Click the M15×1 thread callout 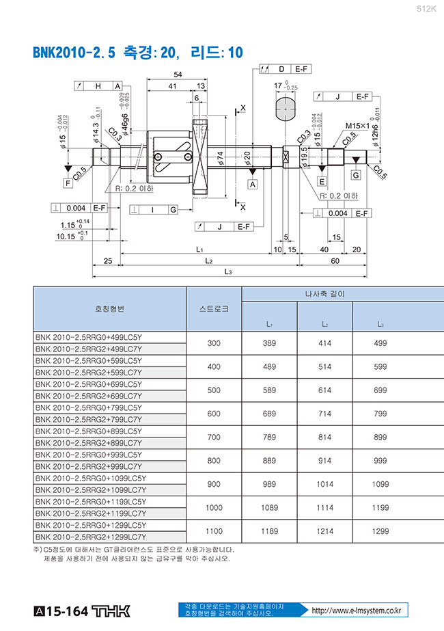click(357, 126)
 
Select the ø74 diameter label click(221, 158)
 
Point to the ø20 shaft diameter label click(247, 158)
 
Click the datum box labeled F click(68, 183)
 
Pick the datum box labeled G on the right click(356, 176)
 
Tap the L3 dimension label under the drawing click(228, 272)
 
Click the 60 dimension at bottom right click(335, 261)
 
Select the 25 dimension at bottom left click(107, 261)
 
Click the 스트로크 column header click(214, 309)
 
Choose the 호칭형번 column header click(109, 309)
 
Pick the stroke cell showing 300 click(214, 343)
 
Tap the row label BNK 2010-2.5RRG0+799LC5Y click(89, 407)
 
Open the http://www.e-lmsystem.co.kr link click(355, 610)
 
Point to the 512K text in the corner click(426, 9)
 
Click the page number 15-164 click(67, 610)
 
